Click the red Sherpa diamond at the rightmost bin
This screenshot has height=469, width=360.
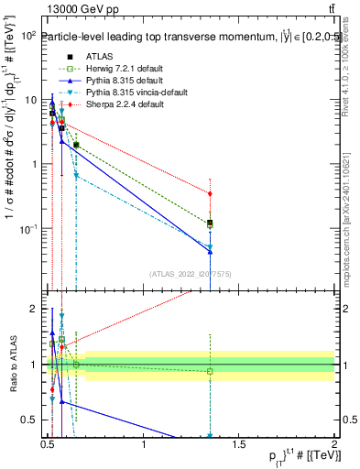click(211, 193)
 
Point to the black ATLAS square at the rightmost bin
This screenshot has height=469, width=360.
click(211, 223)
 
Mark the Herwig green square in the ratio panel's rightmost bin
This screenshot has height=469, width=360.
click(211, 371)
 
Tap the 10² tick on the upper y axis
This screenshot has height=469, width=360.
click(29, 35)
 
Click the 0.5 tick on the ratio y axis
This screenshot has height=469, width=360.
click(33, 420)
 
